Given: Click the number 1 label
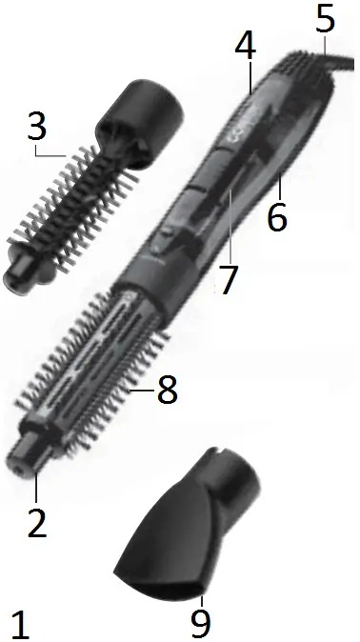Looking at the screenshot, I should point(22,623).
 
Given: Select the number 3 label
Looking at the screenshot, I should point(36,124).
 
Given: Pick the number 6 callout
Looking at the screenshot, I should point(277,217).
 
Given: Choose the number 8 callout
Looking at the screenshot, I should point(167,390).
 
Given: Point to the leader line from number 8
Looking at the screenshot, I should point(142,389).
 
